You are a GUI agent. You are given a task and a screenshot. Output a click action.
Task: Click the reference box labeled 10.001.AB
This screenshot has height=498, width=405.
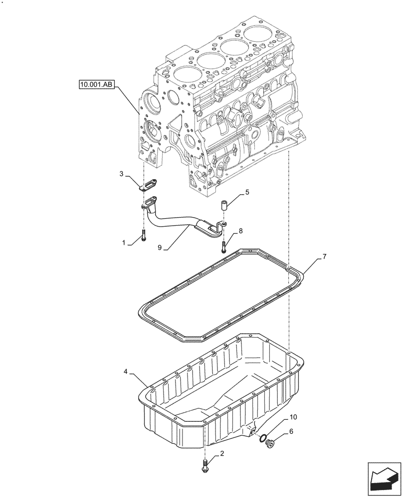tap(96, 85)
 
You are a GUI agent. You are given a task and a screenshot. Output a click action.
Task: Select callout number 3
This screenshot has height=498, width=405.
tap(121, 173)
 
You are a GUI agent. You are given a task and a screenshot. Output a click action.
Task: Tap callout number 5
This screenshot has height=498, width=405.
tap(246, 191)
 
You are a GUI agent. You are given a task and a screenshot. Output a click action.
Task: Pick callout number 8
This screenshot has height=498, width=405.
tap(240, 231)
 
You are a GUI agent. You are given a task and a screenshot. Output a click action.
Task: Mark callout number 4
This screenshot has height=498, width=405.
tap(126, 371)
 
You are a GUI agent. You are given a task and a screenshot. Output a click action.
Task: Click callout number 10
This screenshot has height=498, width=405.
tap(293, 416)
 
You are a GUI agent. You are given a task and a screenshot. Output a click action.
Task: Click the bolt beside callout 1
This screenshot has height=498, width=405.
tap(144, 237)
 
